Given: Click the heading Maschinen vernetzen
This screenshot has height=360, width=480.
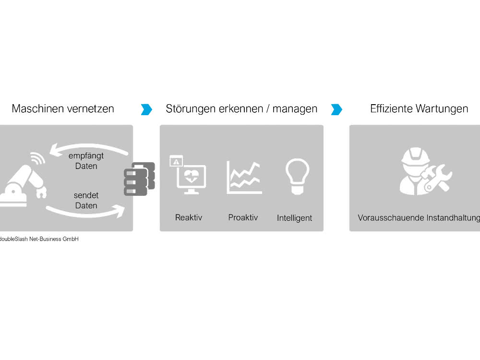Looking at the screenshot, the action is (63, 108).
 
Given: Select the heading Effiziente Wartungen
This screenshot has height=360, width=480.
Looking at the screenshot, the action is (419, 108).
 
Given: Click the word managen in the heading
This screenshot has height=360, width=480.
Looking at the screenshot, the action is (295, 109).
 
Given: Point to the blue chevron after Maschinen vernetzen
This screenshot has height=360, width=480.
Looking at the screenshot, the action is (146, 109).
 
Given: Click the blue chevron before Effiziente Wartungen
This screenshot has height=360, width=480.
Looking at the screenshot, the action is (336, 109).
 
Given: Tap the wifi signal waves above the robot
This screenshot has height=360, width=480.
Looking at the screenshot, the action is (38, 157).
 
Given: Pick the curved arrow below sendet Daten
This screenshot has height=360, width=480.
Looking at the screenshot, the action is (86, 214).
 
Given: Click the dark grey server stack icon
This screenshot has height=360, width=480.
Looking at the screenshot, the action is (139, 179).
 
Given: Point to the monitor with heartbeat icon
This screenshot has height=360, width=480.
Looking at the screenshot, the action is (188, 175).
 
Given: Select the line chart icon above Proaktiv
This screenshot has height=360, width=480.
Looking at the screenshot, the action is (244, 178).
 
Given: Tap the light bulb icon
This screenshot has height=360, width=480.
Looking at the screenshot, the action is (297, 176).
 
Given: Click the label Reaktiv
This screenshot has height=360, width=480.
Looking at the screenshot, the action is (189, 217).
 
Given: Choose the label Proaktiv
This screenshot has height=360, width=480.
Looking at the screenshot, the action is (243, 217).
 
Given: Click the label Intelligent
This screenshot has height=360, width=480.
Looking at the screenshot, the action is (295, 218).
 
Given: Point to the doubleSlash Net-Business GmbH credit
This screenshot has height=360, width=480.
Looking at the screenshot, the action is (39, 239).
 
